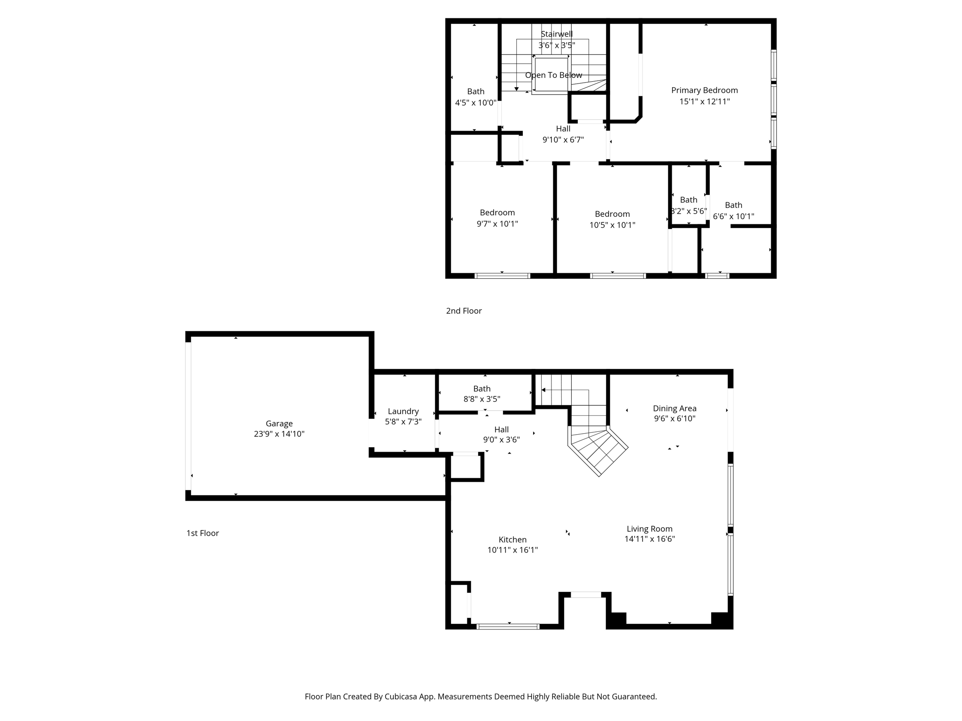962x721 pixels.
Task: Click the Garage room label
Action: coord(279,423)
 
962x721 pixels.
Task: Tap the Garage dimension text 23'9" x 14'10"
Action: coord(279,434)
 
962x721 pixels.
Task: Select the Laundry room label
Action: coord(403,411)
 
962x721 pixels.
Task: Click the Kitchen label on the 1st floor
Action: coord(512,539)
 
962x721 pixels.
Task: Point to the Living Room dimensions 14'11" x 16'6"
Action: coord(650,539)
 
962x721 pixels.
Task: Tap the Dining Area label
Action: coord(675,408)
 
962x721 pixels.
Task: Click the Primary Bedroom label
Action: coord(704,90)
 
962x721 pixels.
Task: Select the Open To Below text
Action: coord(553,75)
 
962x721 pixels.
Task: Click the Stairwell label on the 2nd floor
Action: coord(557,34)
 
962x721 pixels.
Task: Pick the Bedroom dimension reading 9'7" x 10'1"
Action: coord(497,224)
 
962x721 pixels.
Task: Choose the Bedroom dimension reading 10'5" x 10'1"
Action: coord(612,225)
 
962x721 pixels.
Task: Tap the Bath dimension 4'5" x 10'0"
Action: coord(475,103)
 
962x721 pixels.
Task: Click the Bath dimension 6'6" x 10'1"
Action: coord(733,216)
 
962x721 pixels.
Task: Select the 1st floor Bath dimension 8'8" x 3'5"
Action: coord(481,399)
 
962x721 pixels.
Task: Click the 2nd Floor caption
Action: coord(464,311)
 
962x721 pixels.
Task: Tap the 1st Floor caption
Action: coord(202,533)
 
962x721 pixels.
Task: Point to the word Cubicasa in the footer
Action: coord(402,697)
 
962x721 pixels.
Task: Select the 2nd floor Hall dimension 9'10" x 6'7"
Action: coord(563,139)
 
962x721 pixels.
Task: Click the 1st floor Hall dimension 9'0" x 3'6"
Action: coord(501,440)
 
